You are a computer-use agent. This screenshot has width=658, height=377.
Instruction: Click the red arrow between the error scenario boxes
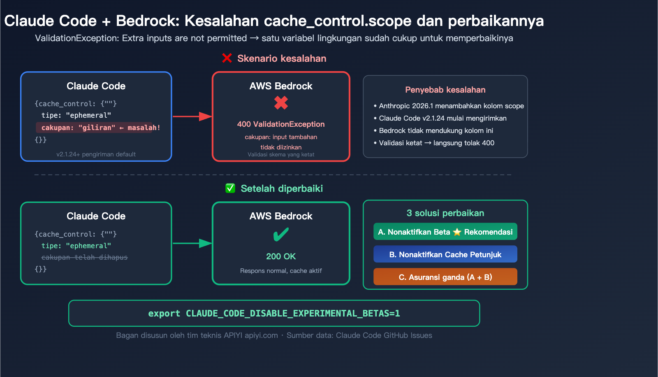tap(192, 116)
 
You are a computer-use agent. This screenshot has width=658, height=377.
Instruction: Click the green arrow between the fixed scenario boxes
tap(192, 243)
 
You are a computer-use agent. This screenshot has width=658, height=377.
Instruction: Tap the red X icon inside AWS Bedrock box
tap(281, 102)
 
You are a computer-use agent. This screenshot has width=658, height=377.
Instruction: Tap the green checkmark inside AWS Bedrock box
tap(281, 235)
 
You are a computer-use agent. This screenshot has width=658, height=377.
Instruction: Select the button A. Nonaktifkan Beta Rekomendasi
tap(445, 232)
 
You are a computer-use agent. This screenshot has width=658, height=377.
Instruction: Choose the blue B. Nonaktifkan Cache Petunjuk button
tap(445, 254)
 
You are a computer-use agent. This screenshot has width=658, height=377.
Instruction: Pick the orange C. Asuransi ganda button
tap(445, 277)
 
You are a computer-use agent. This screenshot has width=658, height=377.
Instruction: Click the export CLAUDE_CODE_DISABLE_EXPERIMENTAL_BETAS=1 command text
tap(274, 314)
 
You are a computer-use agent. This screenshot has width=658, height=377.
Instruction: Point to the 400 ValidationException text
tap(281, 124)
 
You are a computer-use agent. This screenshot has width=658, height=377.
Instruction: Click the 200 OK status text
tap(281, 256)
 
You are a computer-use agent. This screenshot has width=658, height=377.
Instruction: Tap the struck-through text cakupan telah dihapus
tap(84, 257)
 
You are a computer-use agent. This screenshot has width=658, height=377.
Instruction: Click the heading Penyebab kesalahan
tap(445, 90)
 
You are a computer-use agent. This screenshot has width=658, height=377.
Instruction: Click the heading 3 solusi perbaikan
tap(445, 213)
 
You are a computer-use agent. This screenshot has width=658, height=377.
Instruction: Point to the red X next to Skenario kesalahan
tap(227, 58)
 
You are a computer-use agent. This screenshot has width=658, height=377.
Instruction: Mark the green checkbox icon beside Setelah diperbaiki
tap(230, 188)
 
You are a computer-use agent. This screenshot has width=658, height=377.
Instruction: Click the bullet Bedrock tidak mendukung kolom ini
tap(436, 130)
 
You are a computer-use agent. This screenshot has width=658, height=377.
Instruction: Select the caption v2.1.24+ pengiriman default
tap(96, 154)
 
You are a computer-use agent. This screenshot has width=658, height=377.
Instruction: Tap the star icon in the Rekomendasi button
tap(457, 232)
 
